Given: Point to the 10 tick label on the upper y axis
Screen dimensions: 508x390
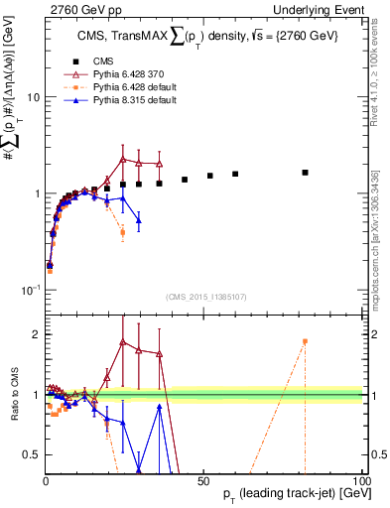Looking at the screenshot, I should pyautogui.click(x=33, y=97).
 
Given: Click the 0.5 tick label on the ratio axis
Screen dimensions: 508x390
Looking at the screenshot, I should pyautogui.click(x=32, y=454).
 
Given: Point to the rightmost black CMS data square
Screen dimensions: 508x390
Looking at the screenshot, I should pyautogui.click(x=305, y=173).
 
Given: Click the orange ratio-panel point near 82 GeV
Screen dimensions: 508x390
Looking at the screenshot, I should pyautogui.click(x=305, y=341).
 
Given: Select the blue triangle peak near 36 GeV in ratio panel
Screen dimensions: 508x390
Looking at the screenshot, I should pyautogui.click(x=159, y=407).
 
